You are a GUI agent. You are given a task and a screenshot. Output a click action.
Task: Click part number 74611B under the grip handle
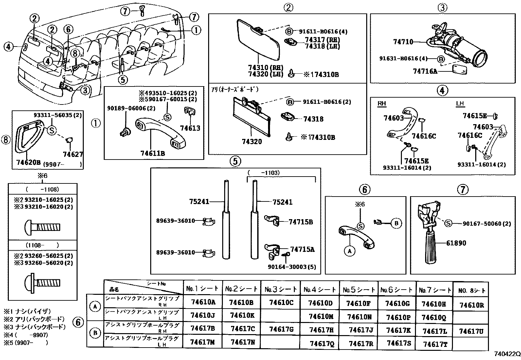tap(153, 153)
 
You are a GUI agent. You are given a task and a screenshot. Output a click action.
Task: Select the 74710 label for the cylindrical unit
tap(403, 42)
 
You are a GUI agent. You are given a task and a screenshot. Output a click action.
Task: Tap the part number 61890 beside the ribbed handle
tap(456, 243)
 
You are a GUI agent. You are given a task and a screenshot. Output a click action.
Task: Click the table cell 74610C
tap(281, 303)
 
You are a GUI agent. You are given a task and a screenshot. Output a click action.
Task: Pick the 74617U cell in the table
tap(472, 332)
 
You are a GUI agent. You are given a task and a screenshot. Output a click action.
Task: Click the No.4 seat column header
tap(319, 290)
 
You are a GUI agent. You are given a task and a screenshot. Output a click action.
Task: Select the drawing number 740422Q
tap(507, 354)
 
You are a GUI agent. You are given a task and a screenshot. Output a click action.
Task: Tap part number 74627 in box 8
tap(73, 154)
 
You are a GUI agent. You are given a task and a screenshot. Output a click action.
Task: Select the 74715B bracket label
tap(301, 222)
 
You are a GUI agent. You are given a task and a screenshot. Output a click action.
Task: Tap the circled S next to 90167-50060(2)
tap(448, 223)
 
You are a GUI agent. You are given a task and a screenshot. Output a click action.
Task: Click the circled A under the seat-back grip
tap(350, 251)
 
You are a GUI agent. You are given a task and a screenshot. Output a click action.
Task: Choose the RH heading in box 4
tap(382, 104)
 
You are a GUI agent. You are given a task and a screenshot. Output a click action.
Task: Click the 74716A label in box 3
tap(425, 71)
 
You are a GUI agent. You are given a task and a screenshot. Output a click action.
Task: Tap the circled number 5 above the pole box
tap(235, 161)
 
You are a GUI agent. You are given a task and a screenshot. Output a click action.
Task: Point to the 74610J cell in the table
tap(203, 315)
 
